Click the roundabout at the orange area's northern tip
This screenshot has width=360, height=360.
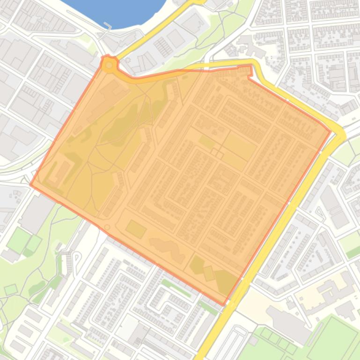coord(110,65)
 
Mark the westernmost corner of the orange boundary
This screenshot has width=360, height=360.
coord(31,184)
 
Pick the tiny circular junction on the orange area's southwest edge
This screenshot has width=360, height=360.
coord(107,228)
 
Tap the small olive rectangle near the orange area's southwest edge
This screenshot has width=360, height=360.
coord(135,229)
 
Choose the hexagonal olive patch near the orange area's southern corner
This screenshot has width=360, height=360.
coord(197,265)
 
